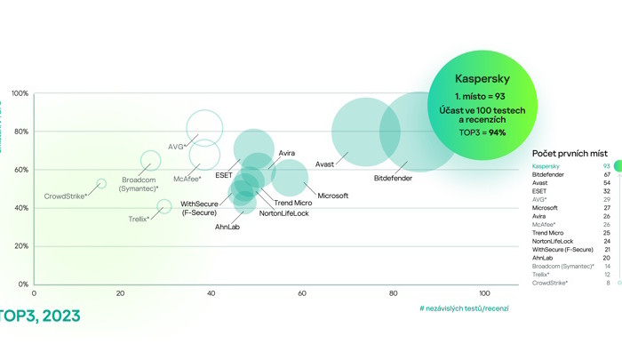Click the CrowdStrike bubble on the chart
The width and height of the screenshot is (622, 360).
101,183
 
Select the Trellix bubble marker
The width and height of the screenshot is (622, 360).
164,206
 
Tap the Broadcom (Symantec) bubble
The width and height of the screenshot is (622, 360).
150,161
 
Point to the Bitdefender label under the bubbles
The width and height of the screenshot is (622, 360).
393,178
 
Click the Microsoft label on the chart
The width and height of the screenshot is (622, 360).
333,195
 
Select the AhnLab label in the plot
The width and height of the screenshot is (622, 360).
227,227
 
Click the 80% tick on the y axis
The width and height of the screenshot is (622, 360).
20,132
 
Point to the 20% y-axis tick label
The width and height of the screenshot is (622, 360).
20,246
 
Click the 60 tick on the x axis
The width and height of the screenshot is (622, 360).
303,292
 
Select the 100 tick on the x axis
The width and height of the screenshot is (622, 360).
482,292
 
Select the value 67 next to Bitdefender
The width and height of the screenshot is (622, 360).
605,175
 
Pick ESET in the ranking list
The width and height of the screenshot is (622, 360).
539,191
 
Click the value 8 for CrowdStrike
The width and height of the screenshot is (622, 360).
607,283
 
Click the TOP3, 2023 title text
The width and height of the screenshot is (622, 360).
40,316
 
